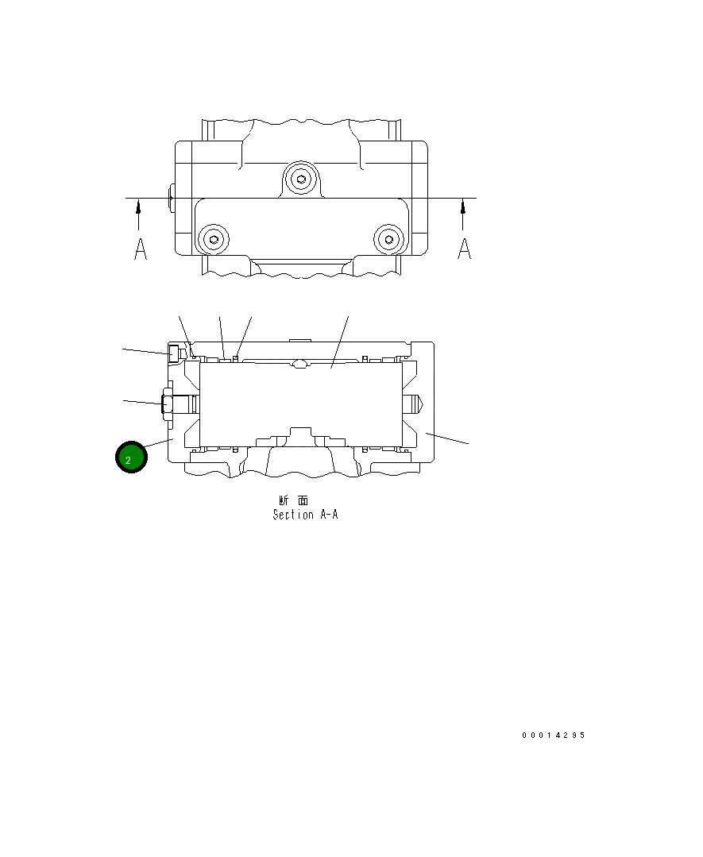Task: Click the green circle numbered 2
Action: click(x=131, y=458)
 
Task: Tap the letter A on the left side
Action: click(x=140, y=249)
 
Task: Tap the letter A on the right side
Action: click(x=465, y=249)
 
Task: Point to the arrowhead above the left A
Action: click(x=139, y=207)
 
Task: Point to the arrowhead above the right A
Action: click(x=463, y=207)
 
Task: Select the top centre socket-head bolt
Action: click(x=300, y=179)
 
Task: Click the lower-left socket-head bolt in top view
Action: click(x=213, y=238)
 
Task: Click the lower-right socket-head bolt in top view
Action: click(x=388, y=238)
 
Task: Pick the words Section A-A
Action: click(x=305, y=515)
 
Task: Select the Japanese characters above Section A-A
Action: click(x=294, y=500)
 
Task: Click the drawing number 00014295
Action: click(x=553, y=735)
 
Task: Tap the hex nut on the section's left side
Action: click(x=168, y=403)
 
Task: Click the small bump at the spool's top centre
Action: click(x=299, y=365)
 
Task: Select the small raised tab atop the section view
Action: click(x=299, y=340)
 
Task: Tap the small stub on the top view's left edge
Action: click(x=171, y=199)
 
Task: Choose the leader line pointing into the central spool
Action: click(x=340, y=342)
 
